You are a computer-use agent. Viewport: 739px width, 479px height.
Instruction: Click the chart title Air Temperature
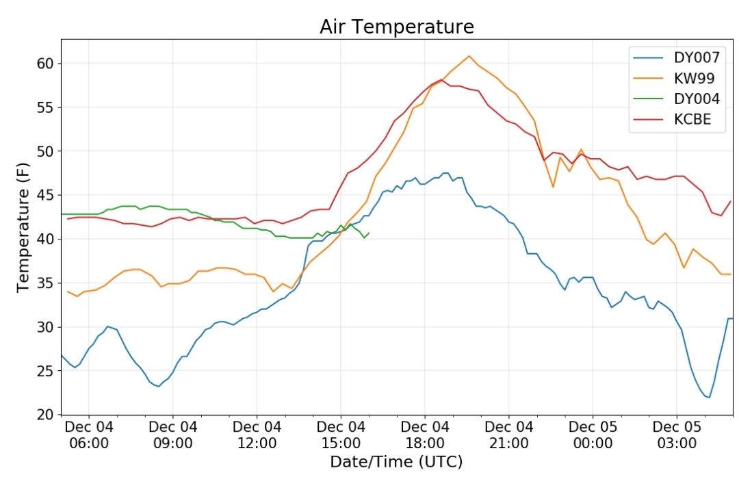[x=396, y=27]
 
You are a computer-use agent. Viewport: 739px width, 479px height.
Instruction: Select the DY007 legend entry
[x=697, y=57]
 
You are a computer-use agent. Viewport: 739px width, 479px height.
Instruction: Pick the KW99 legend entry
[x=694, y=78]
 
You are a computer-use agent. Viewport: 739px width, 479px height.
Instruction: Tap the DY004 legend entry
[x=697, y=99]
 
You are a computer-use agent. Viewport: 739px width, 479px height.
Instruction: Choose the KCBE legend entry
[x=692, y=119]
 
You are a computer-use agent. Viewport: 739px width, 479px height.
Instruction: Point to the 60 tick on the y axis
[x=45, y=64]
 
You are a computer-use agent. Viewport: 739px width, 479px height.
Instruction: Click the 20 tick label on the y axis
[x=45, y=415]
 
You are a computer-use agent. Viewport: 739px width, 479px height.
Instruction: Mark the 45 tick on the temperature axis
[x=45, y=195]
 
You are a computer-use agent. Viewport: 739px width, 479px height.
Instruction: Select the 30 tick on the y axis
[x=45, y=327]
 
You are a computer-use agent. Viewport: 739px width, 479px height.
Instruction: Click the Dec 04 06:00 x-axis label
[x=89, y=435]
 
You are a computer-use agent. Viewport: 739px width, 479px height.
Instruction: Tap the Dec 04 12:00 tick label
[x=257, y=435]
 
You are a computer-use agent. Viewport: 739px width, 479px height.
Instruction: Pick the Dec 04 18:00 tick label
[x=425, y=435]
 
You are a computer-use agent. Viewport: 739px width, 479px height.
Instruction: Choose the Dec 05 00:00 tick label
[x=593, y=435]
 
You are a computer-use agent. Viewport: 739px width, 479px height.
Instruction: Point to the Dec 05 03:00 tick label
[x=677, y=435]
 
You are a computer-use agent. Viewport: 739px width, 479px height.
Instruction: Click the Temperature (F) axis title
[x=23, y=226]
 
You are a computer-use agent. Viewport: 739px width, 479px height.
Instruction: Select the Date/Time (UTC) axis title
[x=396, y=462]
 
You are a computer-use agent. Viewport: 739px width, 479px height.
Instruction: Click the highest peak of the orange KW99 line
[x=469, y=56]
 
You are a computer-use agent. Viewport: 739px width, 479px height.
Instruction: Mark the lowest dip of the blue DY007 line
[x=710, y=397]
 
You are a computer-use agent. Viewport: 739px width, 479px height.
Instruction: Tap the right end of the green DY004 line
[x=369, y=233]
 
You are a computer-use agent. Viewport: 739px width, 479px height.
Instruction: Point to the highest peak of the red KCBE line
[x=441, y=80]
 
